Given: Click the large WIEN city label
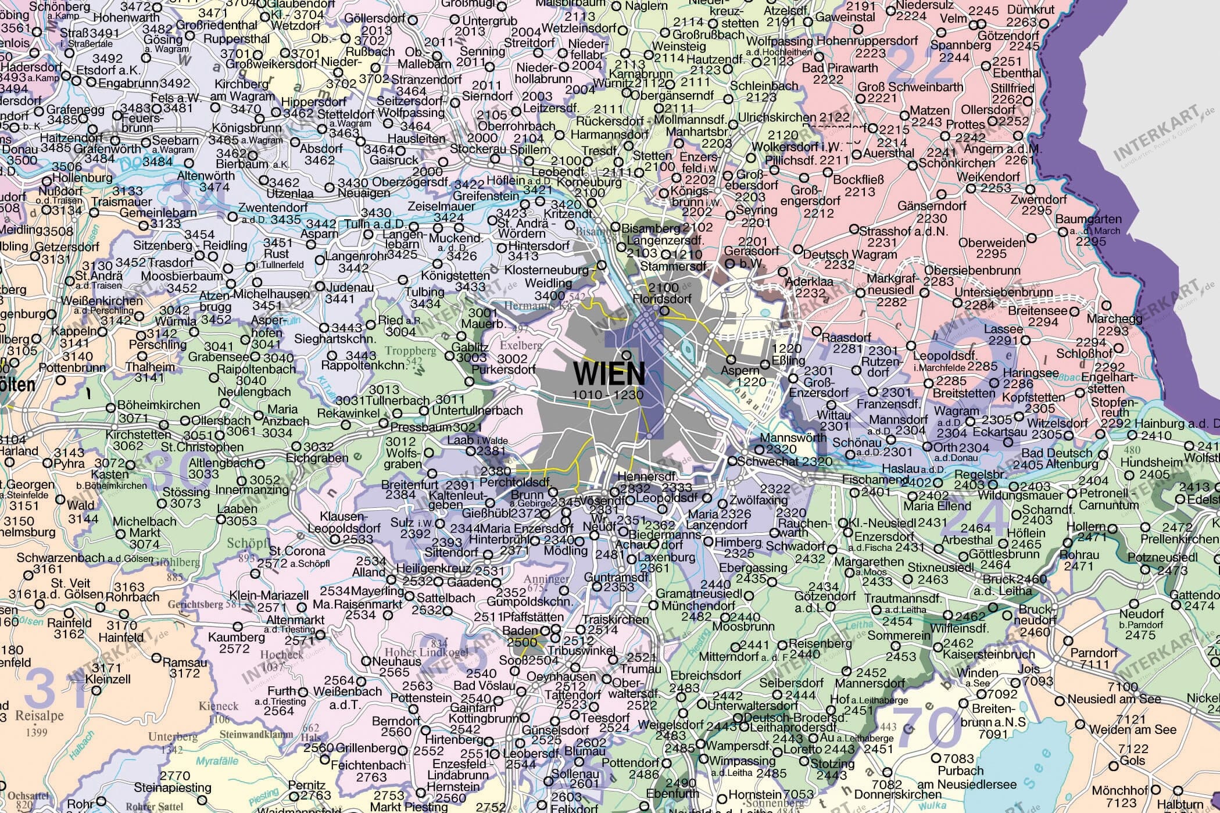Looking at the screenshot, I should [x=609, y=374].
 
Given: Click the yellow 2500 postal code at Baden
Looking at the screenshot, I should [x=522, y=642].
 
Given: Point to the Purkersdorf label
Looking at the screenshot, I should [x=503, y=370].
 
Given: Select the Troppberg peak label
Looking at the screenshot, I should [x=411, y=351].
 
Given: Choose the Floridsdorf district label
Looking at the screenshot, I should [x=662, y=299].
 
